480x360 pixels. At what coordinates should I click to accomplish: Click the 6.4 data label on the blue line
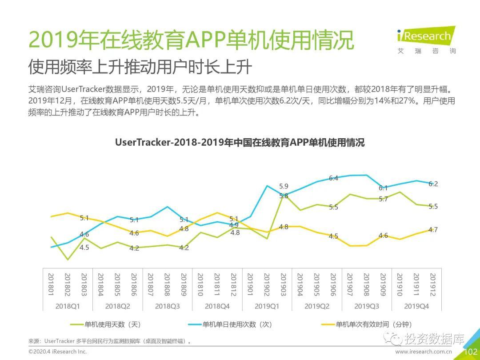pyautogui.click(x=333, y=178)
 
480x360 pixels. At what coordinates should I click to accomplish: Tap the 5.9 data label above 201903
pyautogui.click(x=284, y=186)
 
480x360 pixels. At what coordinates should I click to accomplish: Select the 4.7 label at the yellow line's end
pyautogui.click(x=433, y=230)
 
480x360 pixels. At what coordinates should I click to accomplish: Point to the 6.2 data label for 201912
pyautogui.click(x=433, y=184)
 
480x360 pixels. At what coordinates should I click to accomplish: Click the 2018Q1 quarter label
pyautogui.click(x=68, y=306)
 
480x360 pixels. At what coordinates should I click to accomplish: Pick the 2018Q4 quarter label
pyautogui.click(x=217, y=306)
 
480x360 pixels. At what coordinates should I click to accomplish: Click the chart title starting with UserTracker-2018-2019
pyautogui.click(x=240, y=143)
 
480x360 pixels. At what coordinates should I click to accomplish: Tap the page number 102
pyautogui.click(x=470, y=352)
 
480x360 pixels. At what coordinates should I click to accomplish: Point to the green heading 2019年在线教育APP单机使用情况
pyautogui.click(x=191, y=41)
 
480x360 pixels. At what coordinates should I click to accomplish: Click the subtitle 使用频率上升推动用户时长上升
pyautogui.click(x=140, y=67)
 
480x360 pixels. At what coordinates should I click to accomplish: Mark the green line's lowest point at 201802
pyautogui.click(x=68, y=260)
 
